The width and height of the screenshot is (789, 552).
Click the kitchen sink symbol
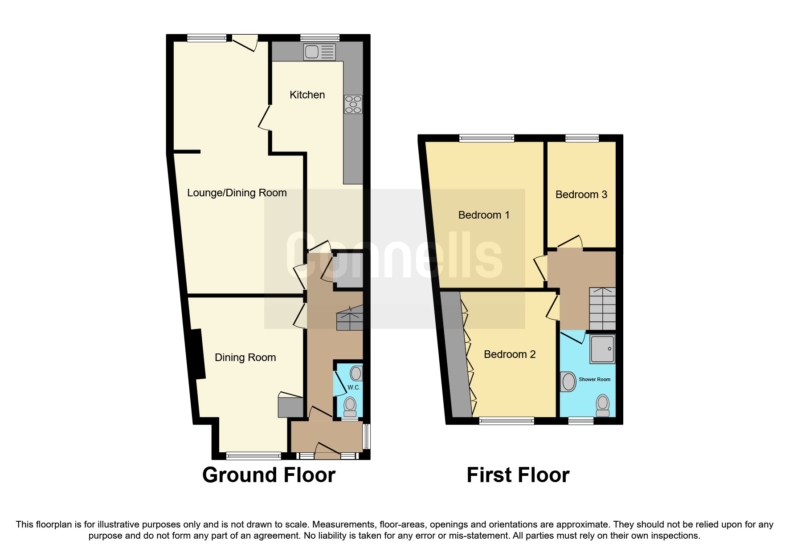(319, 52)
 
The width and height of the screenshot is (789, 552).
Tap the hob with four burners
(353, 105)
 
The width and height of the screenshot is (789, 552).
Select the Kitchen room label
(307, 95)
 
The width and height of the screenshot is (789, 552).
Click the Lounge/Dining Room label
(237, 193)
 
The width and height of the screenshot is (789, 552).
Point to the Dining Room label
(245, 357)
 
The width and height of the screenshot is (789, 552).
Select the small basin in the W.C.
(356, 373)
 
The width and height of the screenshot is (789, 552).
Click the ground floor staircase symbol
(350, 318)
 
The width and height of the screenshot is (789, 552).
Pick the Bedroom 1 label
(483, 215)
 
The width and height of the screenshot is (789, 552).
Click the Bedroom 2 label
(509, 354)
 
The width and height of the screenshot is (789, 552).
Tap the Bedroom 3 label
(581, 195)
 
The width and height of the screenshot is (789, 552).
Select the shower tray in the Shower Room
(602, 349)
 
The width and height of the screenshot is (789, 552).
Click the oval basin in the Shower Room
(568, 382)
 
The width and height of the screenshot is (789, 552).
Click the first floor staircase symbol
(602, 308)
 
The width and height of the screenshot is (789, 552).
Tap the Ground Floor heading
(269, 475)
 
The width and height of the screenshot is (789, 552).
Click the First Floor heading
(518, 475)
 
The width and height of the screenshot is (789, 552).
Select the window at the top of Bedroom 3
(582, 138)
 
